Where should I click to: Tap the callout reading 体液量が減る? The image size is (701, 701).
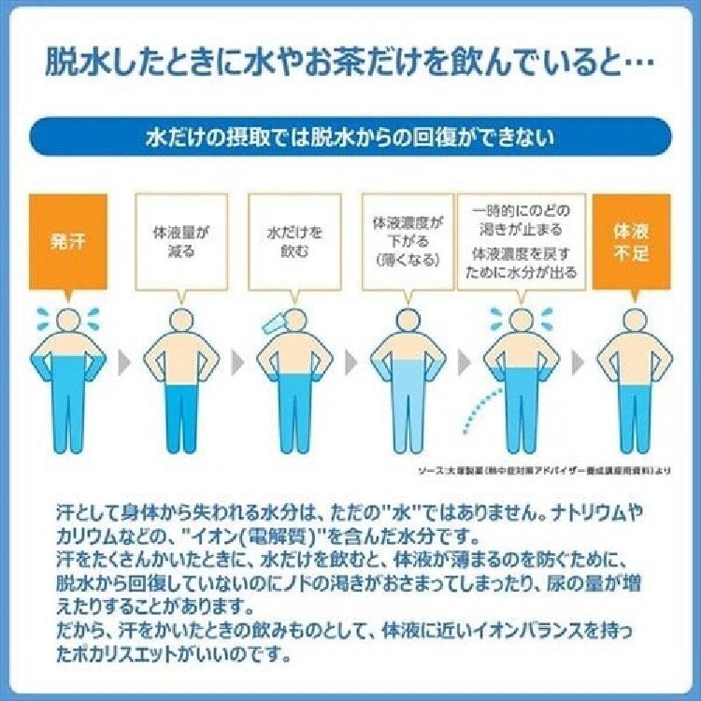click(x=182, y=241)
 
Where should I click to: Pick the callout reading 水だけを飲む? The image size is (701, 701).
click(x=294, y=241)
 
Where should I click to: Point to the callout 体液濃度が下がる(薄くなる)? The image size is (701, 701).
click(x=407, y=241)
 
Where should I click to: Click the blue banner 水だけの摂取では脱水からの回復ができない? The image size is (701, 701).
click(x=350, y=136)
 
